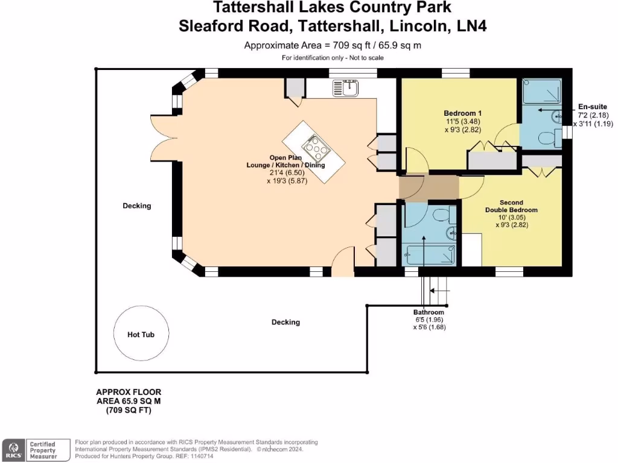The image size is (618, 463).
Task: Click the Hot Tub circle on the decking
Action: pyautogui.click(x=141, y=334)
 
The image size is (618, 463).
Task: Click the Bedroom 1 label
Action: pyautogui.click(x=462, y=113)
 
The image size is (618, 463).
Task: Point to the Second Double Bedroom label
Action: pyautogui.click(x=511, y=206)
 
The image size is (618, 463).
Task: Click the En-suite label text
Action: pyautogui.click(x=592, y=107)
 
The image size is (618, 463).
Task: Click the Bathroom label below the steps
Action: pyautogui.click(x=428, y=312)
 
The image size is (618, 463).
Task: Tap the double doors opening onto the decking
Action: pyautogui.click(x=161, y=136)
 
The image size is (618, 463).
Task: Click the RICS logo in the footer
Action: pyautogui.click(x=13, y=450)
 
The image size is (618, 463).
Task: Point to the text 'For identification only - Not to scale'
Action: pyautogui.click(x=333, y=58)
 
